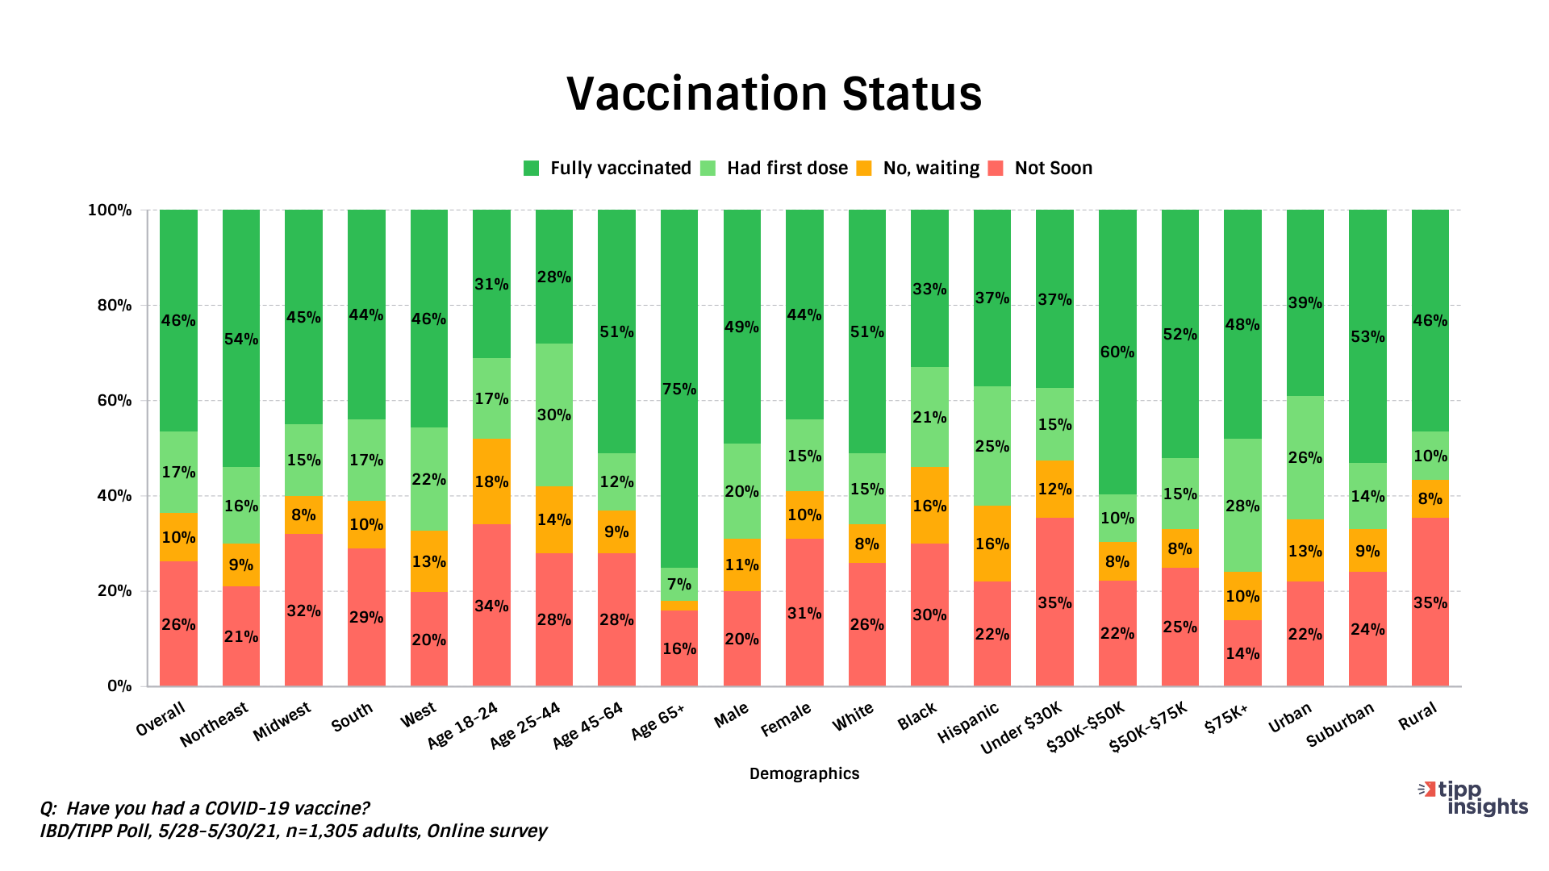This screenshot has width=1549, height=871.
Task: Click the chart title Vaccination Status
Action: point(774,94)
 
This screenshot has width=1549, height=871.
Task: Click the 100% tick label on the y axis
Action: point(110,210)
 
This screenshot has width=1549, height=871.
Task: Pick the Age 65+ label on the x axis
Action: point(658,720)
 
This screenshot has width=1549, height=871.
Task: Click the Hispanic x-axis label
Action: point(968,723)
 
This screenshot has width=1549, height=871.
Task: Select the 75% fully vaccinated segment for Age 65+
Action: point(679,389)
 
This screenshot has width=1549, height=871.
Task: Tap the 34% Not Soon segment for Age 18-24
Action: point(491,605)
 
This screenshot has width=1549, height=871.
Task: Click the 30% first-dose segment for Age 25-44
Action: point(554,415)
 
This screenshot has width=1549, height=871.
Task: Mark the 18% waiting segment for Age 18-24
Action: point(491,481)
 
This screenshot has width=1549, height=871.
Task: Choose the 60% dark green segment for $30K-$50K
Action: point(1117,352)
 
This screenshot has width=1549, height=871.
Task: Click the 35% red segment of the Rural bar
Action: point(1430,602)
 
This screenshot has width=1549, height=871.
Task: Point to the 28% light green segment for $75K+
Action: point(1242,506)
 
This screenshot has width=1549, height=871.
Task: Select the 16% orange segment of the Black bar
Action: point(929,506)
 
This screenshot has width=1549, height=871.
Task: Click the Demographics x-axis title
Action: point(804,773)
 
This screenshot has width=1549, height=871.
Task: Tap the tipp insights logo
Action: point(1474,798)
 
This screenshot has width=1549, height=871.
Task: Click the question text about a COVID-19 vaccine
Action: point(205,808)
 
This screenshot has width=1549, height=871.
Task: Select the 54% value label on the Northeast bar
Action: point(241,339)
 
